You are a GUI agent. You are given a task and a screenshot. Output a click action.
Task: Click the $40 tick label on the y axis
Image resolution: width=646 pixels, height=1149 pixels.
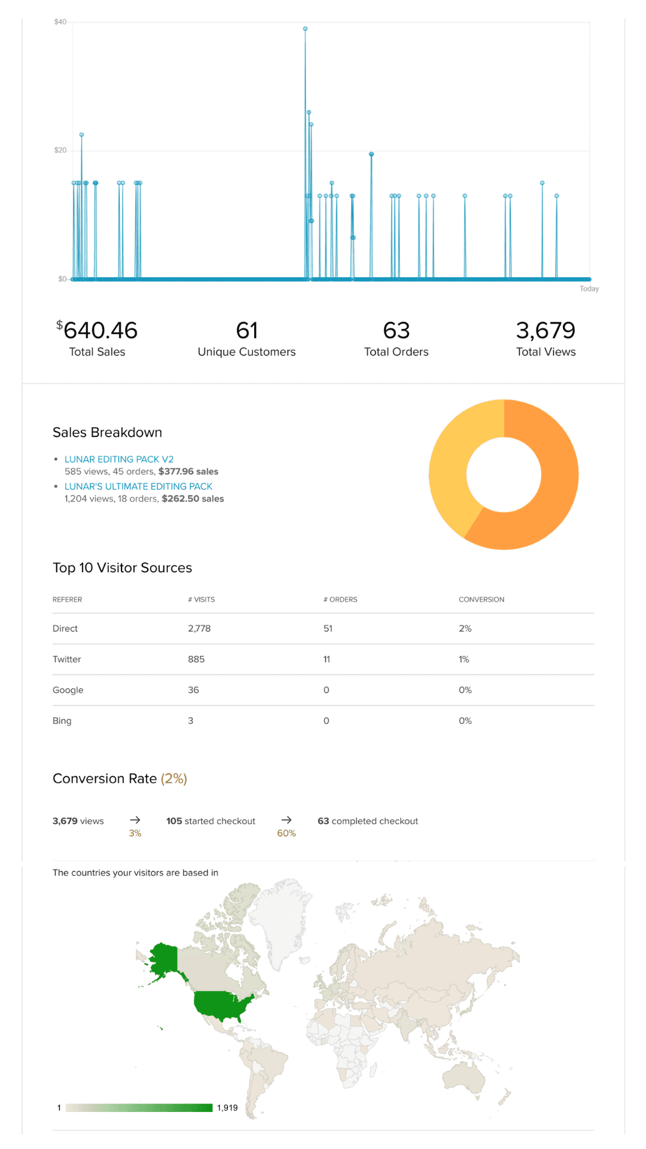coord(60,22)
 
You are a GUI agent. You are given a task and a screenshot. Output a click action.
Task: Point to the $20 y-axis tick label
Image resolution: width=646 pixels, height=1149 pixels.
coord(60,150)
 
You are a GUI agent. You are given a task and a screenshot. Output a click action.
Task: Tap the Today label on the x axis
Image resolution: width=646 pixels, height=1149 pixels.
coord(589,288)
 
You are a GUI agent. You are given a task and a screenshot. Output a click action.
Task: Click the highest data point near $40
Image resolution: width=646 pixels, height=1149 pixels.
coord(305,29)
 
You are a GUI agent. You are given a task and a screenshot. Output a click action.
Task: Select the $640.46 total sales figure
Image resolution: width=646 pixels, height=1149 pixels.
coord(97,330)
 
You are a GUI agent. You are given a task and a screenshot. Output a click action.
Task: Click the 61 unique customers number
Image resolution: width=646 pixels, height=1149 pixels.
coord(247,330)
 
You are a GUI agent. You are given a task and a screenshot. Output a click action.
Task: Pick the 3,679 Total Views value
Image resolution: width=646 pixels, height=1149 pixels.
coord(546,330)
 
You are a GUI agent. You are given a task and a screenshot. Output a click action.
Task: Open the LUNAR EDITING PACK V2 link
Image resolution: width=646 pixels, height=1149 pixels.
coord(119,459)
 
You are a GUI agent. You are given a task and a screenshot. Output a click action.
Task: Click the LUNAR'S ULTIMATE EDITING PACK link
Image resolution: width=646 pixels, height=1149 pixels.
coord(138,487)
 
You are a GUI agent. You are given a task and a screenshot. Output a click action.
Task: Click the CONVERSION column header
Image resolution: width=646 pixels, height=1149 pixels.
coord(482,600)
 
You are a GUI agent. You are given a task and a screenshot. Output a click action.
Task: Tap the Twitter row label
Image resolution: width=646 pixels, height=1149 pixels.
coord(66,659)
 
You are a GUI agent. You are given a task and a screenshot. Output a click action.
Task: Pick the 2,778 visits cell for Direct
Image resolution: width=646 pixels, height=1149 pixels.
coord(199,628)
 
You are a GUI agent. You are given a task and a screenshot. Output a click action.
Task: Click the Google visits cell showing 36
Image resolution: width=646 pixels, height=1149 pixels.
coord(193,690)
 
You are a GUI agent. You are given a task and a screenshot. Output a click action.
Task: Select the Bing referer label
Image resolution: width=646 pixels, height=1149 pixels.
coord(62,721)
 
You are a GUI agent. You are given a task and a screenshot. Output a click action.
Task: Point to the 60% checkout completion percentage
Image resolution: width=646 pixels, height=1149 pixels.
coord(287,833)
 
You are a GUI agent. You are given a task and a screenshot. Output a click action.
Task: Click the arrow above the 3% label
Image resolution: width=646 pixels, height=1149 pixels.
coord(135,820)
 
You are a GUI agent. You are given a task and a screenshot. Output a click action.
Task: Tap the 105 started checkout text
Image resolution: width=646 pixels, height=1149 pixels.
coord(211,821)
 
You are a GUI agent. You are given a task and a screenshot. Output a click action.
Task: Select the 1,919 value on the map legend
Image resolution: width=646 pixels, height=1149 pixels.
coord(227,1108)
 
